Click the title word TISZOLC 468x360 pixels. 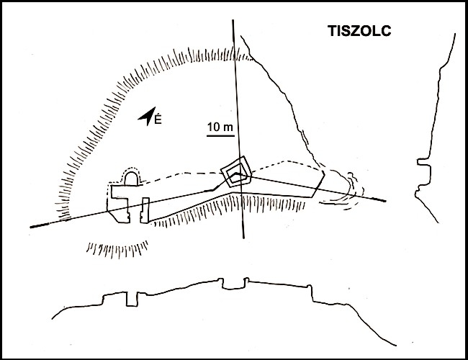pos(359,31)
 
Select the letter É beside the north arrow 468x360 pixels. pos(158,119)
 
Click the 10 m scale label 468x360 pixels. pos(220,127)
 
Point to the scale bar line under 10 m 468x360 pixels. pos(220,136)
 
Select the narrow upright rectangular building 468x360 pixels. pos(145,210)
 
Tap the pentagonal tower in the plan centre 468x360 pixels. pos(237,172)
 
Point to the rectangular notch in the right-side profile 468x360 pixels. pos(424,175)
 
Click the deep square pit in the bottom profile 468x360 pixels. pos(132,299)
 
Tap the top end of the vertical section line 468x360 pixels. pos(233,20)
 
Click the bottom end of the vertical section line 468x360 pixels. pos(244,238)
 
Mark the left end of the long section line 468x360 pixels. pos(31,228)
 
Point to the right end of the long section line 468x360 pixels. pos(386,201)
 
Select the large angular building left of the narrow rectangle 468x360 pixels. pos(119,204)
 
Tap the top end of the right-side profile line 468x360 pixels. pos(455,34)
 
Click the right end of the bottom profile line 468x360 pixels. pos(396,346)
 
